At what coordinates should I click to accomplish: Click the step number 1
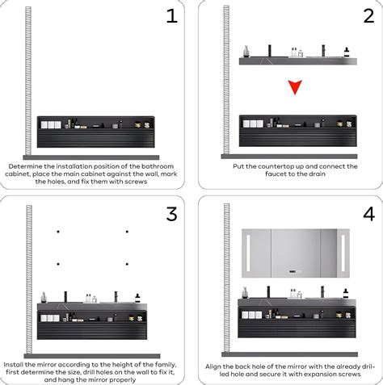pyautogui.click(x=172, y=16)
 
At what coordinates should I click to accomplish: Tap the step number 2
pyautogui.click(x=368, y=16)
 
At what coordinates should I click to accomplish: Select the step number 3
pyautogui.click(x=172, y=214)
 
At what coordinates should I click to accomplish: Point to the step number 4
pyautogui.click(x=369, y=214)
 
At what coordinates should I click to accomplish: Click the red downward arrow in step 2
pyautogui.click(x=295, y=87)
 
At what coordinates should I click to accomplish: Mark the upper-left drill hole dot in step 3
pyautogui.click(x=58, y=232)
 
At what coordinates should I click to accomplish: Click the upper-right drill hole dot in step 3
pyautogui.click(x=127, y=232)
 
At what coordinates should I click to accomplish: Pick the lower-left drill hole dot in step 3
pyautogui.click(x=58, y=264)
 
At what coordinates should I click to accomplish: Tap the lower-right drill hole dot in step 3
pyautogui.click(x=127, y=264)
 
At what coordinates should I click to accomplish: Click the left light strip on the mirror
pyautogui.click(x=248, y=253)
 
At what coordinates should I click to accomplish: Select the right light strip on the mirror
pyautogui.click(x=343, y=253)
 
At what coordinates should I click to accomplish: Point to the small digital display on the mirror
pyautogui.click(x=293, y=271)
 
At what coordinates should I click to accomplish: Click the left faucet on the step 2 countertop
pyautogui.click(x=269, y=51)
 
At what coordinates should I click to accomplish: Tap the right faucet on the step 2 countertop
pyautogui.click(x=323, y=51)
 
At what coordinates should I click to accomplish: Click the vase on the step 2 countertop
pyautogui.click(x=246, y=52)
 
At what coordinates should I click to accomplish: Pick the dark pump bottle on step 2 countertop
pyautogui.click(x=347, y=52)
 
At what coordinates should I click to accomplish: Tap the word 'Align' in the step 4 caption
pyautogui.click(x=213, y=366)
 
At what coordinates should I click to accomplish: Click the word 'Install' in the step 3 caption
pyautogui.click(x=13, y=365)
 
